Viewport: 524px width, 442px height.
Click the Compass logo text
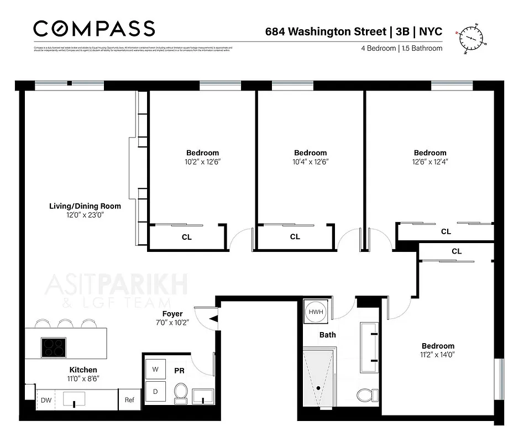point(94,28)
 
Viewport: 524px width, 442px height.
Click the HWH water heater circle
point(316,312)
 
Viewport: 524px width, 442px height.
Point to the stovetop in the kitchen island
point(54,348)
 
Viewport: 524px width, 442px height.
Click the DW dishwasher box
point(45,400)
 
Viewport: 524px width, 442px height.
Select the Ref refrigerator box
point(129,400)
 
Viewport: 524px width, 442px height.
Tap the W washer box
point(155,370)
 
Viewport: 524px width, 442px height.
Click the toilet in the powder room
point(181,393)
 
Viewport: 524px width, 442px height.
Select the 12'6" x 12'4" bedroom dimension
point(430,162)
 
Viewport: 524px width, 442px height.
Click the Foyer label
point(172,314)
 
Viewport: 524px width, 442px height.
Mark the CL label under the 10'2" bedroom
point(187,237)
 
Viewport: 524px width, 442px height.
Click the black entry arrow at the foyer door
point(214,318)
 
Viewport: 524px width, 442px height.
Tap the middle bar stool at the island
point(65,323)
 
